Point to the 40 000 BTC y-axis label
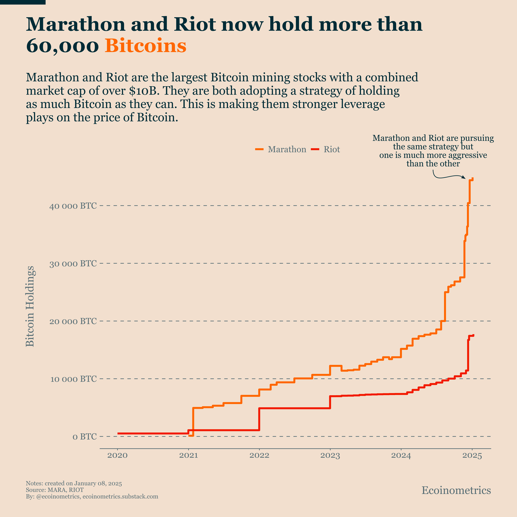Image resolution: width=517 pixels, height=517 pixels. tap(73, 206)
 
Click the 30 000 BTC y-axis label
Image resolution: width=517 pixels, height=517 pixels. tap(73, 264)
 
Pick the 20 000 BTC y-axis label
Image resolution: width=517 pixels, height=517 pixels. tap(73, 321)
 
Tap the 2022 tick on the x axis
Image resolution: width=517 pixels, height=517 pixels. tap(259, 455)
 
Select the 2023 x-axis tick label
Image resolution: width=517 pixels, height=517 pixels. tap(330, 455)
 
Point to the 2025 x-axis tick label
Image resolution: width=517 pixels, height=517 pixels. tap(472, 455)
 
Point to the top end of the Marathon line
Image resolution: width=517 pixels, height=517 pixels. tap(473, 178)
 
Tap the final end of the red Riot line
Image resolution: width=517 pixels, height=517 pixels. tap(473, 335)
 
